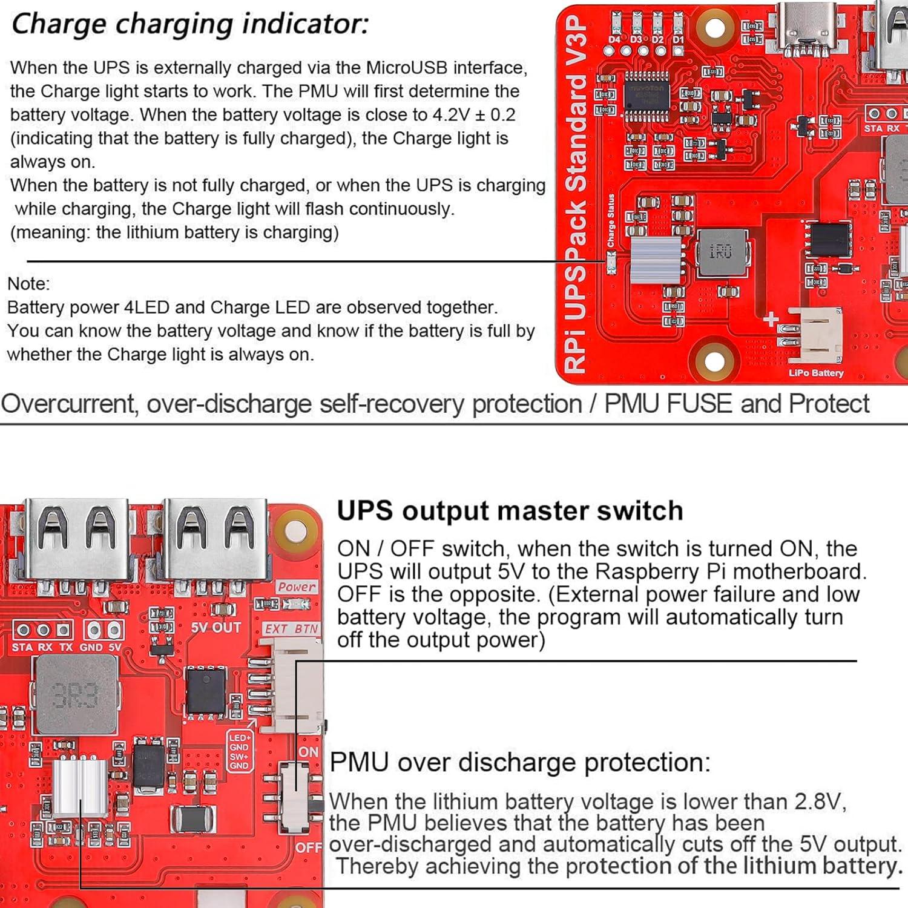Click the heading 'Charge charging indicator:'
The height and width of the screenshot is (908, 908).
[x=189, y=25]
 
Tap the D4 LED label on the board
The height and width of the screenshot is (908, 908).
[x=615, y=39]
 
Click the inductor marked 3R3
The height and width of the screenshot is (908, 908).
[x=76, y=694]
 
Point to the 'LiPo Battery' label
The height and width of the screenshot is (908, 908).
[x=815, y=373]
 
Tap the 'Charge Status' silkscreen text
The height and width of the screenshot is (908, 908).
[x=611, y=220]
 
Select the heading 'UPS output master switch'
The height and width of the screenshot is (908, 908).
[x=510, y=511]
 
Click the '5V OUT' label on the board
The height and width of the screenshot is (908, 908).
[x=216, y=628]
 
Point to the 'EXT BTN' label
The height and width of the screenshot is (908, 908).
[x=291, y=629]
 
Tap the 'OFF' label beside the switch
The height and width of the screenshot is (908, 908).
[x=309, y=847]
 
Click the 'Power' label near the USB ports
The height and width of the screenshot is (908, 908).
[x=297, y=587]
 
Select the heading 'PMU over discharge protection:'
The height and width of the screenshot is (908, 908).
[x=520, y=762]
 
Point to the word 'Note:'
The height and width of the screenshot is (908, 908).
[x=28, y=284]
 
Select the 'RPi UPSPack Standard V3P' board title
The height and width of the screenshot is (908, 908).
[x=576, y=194]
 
